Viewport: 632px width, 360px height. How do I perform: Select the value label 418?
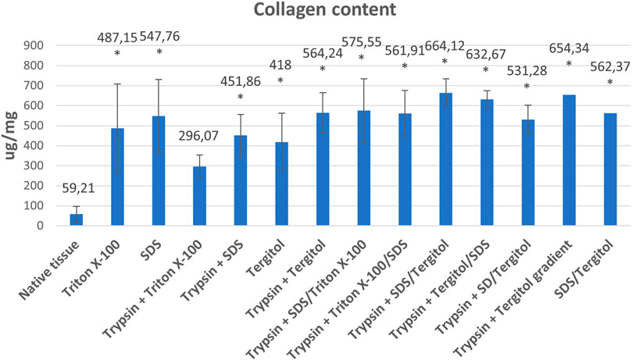pos(280,62)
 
